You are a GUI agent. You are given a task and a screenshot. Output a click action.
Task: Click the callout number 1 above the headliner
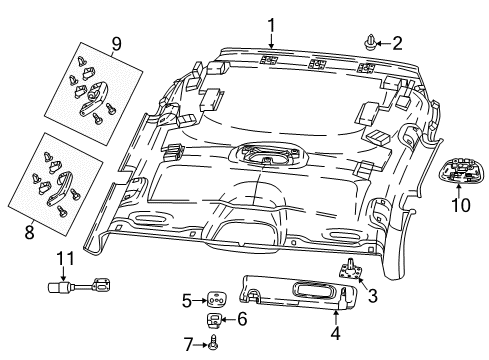pos(268,23)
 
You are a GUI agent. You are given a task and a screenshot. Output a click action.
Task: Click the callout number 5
pos(185,299)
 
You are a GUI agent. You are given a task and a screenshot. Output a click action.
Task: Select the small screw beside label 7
pos(213,343)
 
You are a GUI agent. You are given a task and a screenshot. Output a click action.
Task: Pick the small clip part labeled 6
pos(214,320)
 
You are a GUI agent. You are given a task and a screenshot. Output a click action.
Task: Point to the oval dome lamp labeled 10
pos(460,168)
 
